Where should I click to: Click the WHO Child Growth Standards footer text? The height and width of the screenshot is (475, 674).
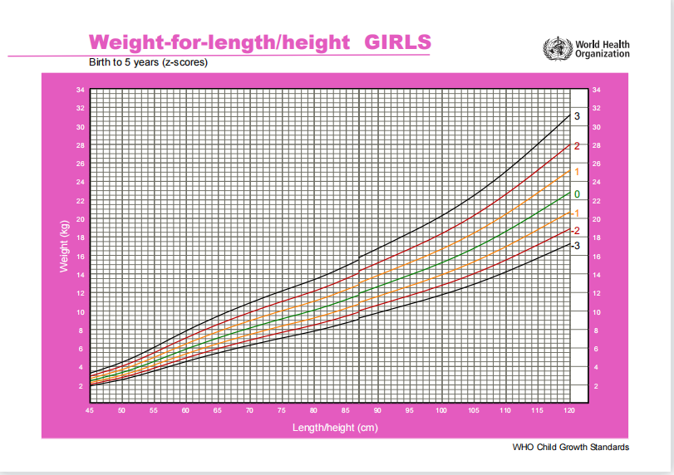[571, 448]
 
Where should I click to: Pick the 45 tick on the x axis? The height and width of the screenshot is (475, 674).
[90, 410]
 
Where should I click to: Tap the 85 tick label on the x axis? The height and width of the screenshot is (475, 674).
[346, 410]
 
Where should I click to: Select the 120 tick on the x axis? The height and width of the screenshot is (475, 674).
[569, 410]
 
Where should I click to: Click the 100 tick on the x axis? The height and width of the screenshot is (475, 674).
[441, 410]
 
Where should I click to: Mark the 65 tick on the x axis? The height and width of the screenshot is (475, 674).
[218, 410]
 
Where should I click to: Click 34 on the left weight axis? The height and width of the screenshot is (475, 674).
[80, 90]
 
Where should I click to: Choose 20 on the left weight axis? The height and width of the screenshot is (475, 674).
[80, 219]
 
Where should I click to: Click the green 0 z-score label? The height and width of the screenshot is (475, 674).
[577, 194]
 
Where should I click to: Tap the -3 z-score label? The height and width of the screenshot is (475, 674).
[575, 246]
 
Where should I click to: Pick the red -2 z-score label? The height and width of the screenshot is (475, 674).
[575, 230]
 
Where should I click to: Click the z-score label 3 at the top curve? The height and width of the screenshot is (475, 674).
[577, 116]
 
